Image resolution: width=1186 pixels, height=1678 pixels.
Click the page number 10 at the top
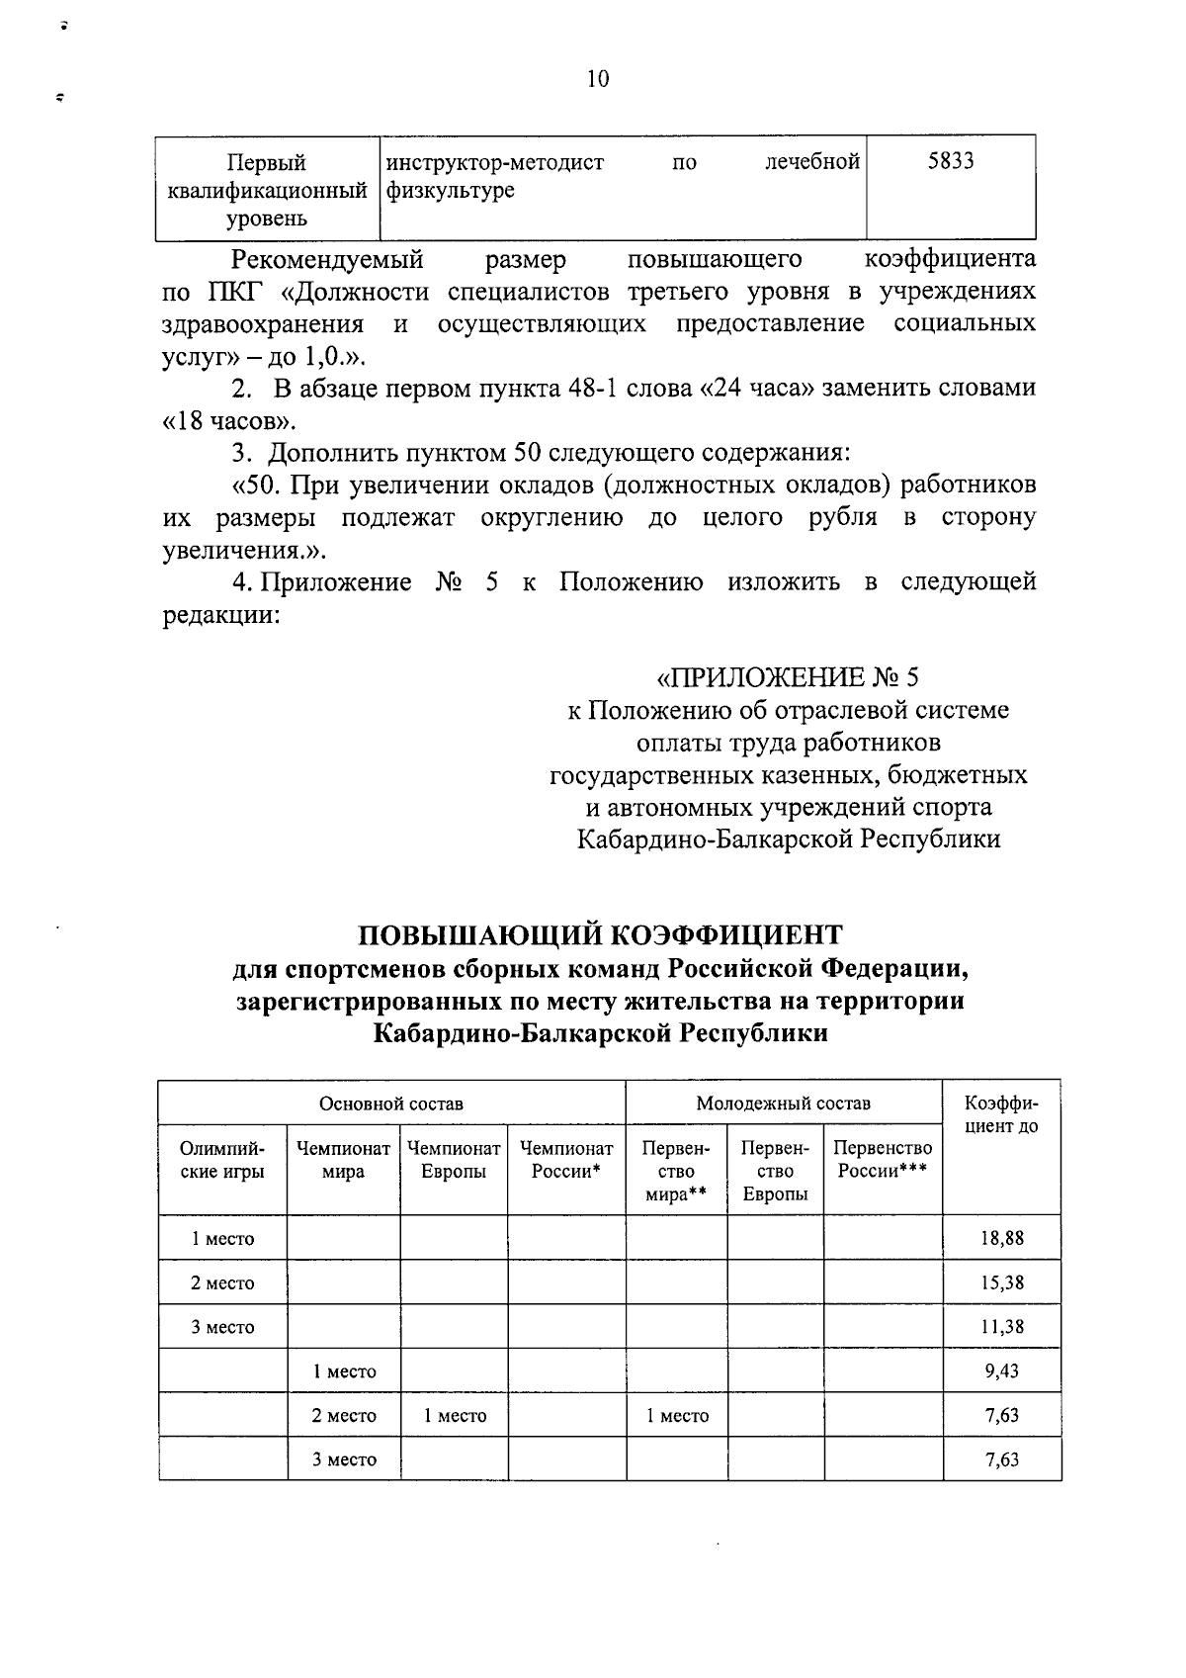(598, 79)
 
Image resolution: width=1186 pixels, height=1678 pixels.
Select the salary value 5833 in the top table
(951, 161)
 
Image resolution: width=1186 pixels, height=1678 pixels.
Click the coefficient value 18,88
(1001, 1238)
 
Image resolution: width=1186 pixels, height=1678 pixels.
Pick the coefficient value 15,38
(1001, 1282)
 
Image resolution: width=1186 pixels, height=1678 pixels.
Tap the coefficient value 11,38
(1001, 1327)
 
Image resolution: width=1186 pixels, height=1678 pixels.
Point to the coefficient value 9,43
(1001, 1370)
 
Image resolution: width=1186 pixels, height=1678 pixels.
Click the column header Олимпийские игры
(222, 1160)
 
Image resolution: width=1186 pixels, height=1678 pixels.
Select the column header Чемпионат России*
(566, 1160)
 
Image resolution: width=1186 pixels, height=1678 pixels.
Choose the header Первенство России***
(883, 1160)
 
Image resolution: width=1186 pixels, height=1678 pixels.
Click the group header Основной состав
(390, 1104)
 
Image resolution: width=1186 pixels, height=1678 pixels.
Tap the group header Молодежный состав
(783, 1104)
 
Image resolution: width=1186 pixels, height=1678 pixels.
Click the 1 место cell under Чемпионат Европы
(455, 1415)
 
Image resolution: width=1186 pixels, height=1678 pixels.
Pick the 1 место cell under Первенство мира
(677, 1415)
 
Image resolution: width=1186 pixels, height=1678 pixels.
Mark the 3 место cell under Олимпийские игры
(222, 1327)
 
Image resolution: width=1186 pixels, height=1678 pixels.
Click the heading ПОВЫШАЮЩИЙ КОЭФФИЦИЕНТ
(599, 934)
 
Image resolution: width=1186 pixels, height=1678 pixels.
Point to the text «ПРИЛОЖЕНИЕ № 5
(788, 677)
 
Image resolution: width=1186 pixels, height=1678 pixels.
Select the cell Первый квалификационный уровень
(267, 190)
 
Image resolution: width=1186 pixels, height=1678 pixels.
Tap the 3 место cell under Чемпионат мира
(344, 1459)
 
